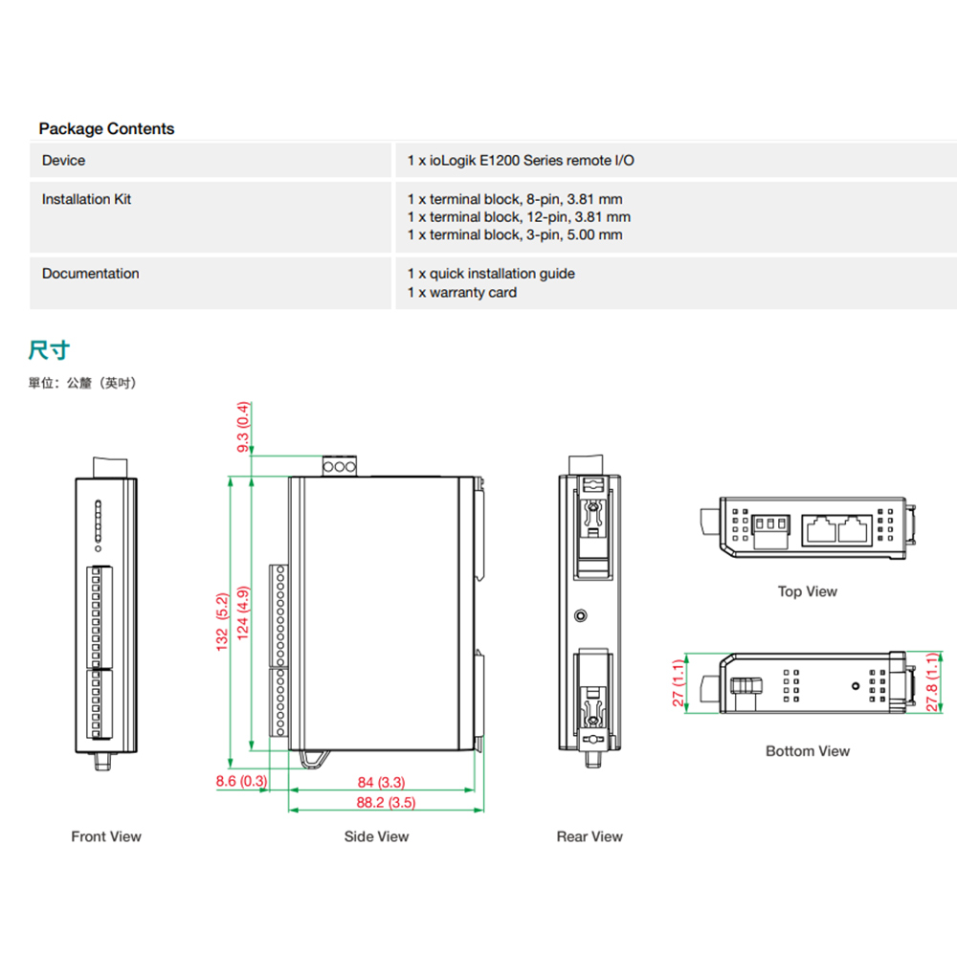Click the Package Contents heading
(x=106, y=128)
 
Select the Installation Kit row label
(x=86, y=199)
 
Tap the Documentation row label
(x=90, y=274)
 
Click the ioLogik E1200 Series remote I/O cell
(x=521, y=161)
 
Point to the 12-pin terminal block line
(x=519, y=217)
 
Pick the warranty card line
(x=461, y=293)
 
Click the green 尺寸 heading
(x=49, y=350)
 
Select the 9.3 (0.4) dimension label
(x=243, y=427)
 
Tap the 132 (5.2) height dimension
(x=223, y=622)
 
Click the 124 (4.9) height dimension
(x=243, y=613)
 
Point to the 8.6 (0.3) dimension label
(x=241, y=781)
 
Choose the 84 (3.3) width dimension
(x=381, y=783)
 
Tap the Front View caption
(x=106, y=836)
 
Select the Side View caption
(x=377, y=836)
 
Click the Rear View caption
(x=590, y=836)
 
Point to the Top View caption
(x=807, y=591)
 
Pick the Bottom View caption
(x=807, y=751)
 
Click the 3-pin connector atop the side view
(x=340, y=468)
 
